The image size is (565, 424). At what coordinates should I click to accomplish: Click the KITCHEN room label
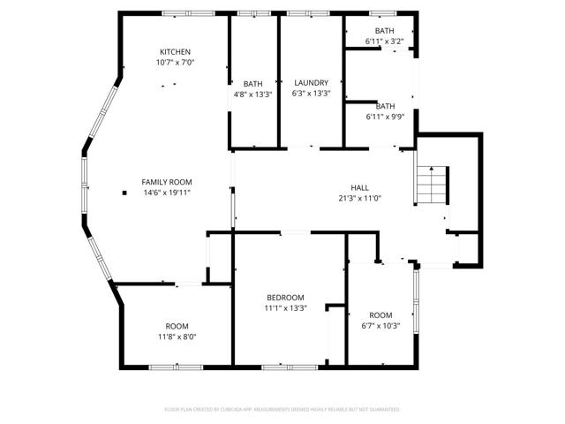point(174,51)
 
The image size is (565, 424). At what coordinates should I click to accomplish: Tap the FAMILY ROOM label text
point(167,181)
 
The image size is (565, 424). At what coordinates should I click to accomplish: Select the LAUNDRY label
point(311,82)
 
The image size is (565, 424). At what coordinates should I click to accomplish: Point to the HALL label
point(359,187)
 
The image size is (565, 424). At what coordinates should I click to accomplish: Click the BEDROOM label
point(285,297)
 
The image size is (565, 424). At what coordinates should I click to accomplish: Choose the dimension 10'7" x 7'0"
point(174,63)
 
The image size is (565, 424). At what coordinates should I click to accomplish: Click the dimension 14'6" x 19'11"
point(167,193)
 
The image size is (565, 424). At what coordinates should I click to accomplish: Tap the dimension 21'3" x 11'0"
point(359,199)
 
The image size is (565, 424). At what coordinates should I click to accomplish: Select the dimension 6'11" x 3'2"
point(384,42)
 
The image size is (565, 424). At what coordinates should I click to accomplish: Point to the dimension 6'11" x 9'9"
point(384,117)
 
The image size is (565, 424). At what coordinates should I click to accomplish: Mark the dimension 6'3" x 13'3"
point(311,94)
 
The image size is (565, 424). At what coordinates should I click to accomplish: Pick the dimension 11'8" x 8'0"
point(177,337)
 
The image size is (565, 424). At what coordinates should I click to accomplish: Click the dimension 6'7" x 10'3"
point(380,326)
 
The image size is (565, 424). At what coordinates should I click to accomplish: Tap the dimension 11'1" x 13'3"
point(285,308)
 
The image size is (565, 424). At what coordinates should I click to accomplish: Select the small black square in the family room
point(124,193)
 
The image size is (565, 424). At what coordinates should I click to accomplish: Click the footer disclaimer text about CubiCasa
point(282,410)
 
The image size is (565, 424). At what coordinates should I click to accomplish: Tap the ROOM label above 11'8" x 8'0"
point(177,325)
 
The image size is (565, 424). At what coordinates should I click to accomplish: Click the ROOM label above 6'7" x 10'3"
point(380,314)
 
